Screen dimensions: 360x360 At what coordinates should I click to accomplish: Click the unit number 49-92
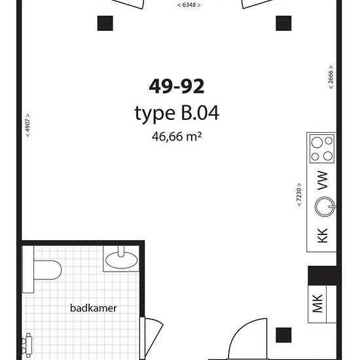coord(177,86)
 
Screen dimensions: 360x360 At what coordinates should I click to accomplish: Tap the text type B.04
coord(177,113)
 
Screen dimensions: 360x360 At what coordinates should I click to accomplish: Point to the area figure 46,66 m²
coord(177,136)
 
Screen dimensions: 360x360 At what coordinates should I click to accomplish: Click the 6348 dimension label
coord(189,5)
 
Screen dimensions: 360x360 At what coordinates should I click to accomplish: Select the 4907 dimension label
coord(27,126)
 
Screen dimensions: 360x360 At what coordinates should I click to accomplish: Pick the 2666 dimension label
coord(331,77)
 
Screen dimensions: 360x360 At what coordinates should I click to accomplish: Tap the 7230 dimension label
coord(298,194)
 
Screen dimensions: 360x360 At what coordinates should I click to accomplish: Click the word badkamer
coord(93,308)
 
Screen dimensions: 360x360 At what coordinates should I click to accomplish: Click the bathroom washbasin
coord(121,260)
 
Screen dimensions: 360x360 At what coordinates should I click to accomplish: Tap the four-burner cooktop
coord(322,149)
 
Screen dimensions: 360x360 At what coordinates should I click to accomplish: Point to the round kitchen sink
coord(325,207)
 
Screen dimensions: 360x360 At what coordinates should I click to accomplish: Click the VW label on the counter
coord(322,181)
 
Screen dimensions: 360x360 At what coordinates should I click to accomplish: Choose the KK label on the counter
coord(322,236)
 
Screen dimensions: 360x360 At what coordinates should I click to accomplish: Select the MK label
coord(317,304)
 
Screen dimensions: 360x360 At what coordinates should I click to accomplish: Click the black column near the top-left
coord(105,23)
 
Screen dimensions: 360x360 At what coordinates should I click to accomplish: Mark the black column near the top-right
coord(283,23)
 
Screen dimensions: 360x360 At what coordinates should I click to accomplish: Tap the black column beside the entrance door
coord(283,335)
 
